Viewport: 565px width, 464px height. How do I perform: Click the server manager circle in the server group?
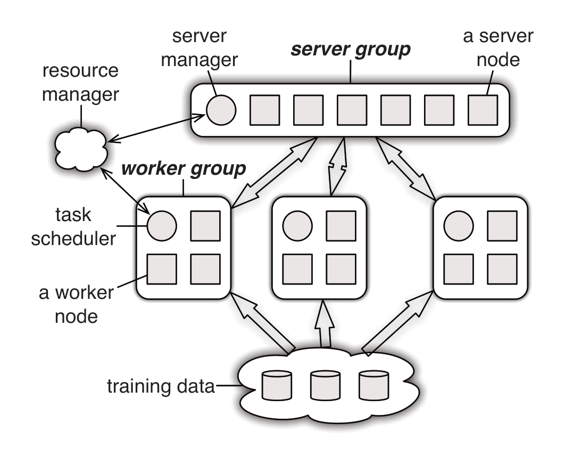click(221, 110)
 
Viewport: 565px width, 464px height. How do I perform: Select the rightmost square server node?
click(483, 110)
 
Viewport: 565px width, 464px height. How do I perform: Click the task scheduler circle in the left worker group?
click(161, 225)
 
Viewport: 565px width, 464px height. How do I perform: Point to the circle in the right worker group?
click(459, 225)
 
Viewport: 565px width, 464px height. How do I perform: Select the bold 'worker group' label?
click(184, 169)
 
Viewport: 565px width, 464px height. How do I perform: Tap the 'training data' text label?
click(160, 385)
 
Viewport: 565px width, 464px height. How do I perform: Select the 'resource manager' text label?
click(80, 83)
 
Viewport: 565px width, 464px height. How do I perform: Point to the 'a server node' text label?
click(497, 48)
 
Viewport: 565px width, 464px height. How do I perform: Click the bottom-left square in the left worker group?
click(161, 269)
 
